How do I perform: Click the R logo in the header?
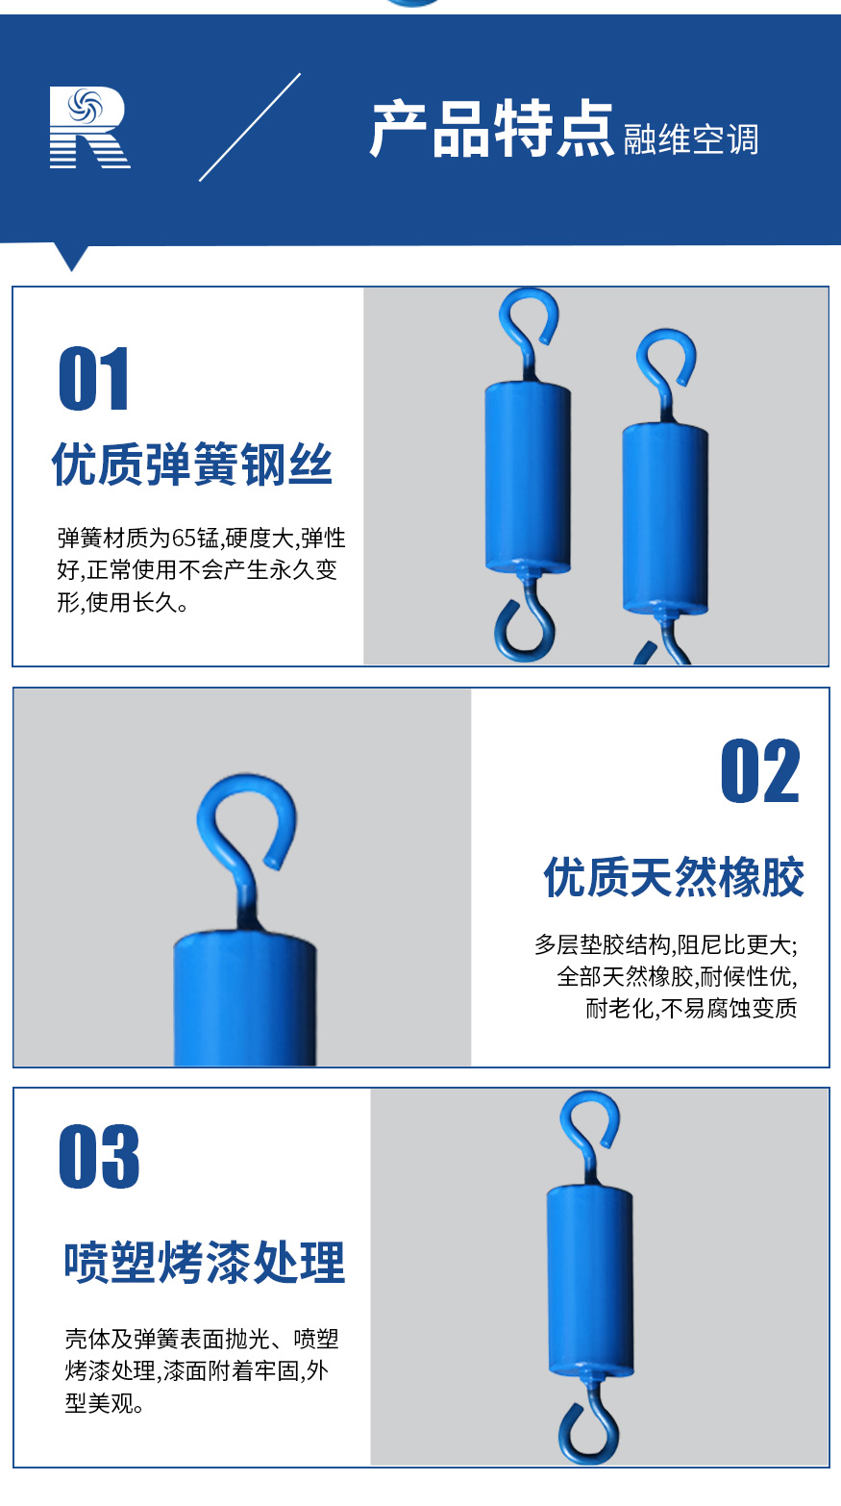point(89,128)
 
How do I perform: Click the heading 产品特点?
point(491,129)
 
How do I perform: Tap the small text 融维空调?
point(690,140)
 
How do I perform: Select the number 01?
point(94,380)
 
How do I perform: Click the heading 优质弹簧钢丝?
point(192,465)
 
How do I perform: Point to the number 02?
point(759,772)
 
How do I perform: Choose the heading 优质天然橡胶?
point(674,877)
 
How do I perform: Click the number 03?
point(99,1157)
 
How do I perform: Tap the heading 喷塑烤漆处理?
point(204,1263)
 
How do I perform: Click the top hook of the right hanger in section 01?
point(665,361)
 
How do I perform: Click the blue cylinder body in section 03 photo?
point(590,1279)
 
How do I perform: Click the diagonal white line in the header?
point(250,127)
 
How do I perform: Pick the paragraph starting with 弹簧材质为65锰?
point(201,570)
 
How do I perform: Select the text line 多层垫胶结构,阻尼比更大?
point(665,944)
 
